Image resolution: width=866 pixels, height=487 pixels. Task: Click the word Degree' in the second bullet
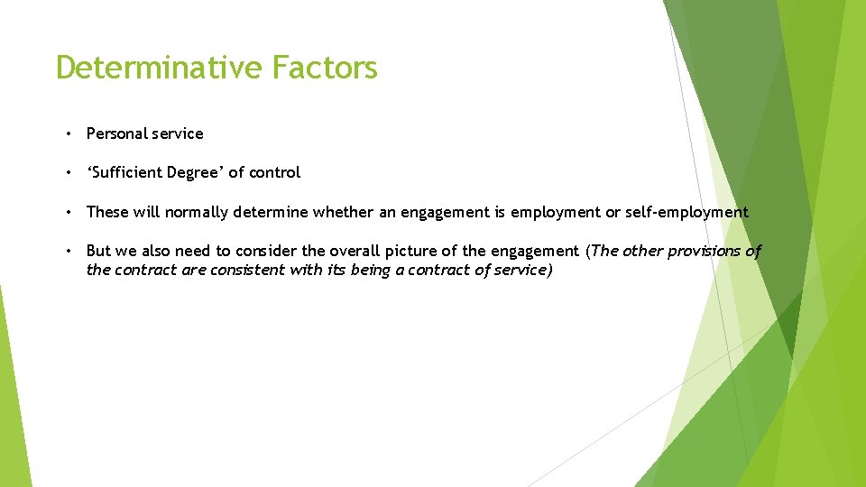coord(196,172)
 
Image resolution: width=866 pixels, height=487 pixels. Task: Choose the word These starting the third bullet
coord(108,213)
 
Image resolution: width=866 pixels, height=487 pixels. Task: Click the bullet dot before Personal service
coord(69,133)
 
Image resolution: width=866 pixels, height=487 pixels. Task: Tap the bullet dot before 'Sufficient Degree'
coord(69,172)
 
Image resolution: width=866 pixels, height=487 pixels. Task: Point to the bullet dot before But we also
coord(69,252)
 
